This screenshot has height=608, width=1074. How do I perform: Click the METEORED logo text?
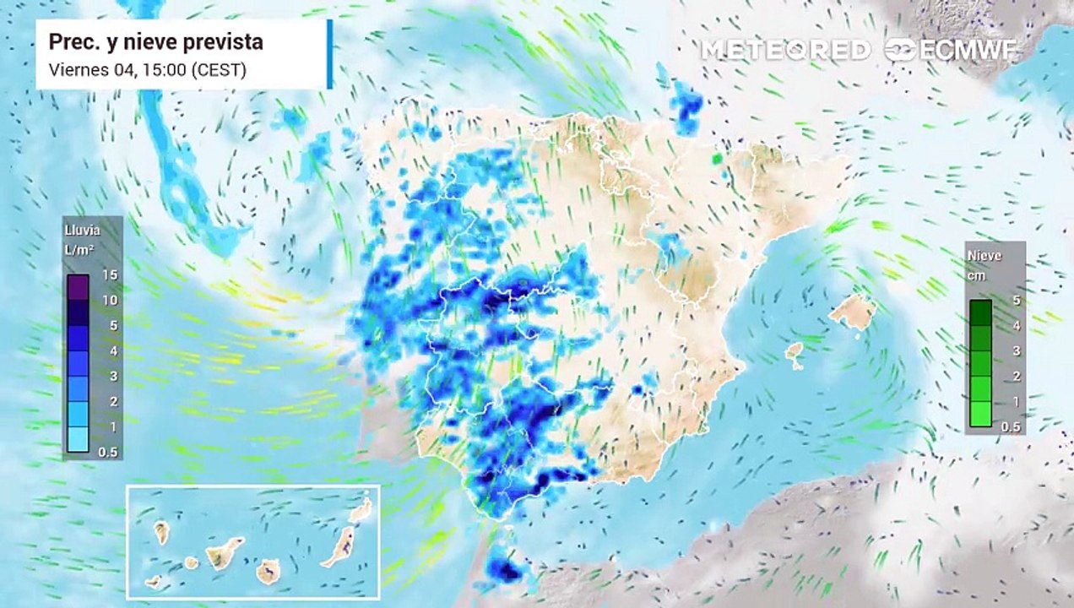pyautogui.click(x=785, y=51)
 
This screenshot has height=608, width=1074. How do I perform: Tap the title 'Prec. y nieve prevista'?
pyautogui.click(x=156, y=41)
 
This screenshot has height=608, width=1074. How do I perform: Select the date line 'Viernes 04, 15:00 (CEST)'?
pyautogui.click(x=148, y=70)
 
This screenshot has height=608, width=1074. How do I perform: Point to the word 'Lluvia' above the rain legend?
pyautogui.click(x=82, y=229)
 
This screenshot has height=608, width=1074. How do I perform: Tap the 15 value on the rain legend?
pyautogui.click(x=110, y=274)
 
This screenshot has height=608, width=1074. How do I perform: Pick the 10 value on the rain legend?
pyautogui.click(x=110, y=300)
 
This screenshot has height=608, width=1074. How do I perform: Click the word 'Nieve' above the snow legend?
pyautogui.click(x=984, y=256)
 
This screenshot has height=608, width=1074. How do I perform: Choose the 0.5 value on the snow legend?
pyautogui.click(x=1011, y=426)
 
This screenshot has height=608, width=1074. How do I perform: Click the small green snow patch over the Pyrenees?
pyautogui.click(x=718, y=158)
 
